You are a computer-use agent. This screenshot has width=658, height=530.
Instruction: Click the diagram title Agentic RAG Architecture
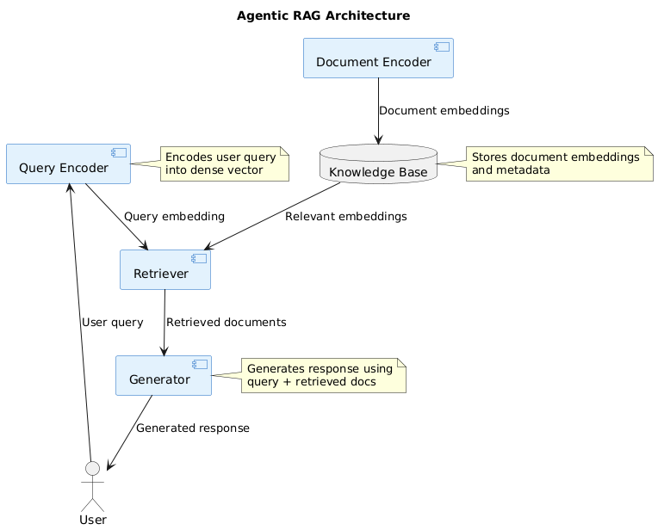click(323, 15)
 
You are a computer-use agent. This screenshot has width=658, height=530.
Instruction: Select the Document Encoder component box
click(378, 59)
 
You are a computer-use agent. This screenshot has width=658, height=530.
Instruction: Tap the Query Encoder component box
click(68, 164)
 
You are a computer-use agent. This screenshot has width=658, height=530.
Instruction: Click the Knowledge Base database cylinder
click(377, 165)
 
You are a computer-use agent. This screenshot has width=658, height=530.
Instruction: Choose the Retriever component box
click(164, 270)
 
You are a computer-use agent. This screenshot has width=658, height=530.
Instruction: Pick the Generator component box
click(163, 376)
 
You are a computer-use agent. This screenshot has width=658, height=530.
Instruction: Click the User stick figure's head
click(92, 468)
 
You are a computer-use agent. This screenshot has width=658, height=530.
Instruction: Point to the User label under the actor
click(92, 520)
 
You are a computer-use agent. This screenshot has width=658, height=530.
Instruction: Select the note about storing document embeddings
click(559, 163)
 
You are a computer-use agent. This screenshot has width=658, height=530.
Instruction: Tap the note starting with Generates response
click(323, 375)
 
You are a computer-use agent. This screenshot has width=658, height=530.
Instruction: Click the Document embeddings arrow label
click(444, 111)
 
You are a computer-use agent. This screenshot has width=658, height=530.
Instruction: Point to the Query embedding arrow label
click(174, 216)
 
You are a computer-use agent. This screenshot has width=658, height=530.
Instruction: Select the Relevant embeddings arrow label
click(345, 216)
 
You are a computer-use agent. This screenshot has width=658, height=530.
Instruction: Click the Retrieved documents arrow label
click(226, 322)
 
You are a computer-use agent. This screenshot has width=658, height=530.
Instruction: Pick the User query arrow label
click(112, 322)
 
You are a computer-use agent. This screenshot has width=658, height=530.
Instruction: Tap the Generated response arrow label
click(192, 428)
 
